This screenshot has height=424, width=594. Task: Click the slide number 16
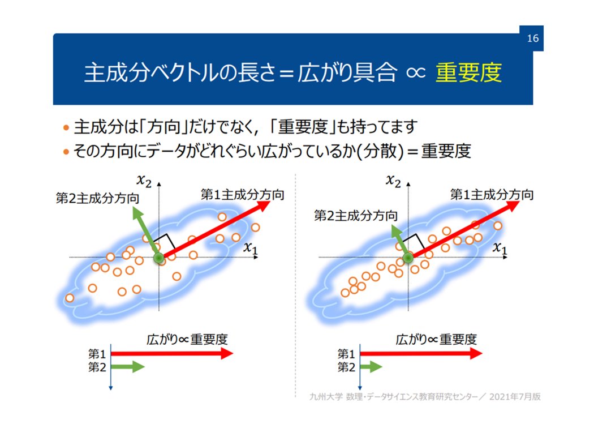click(x=532, y=38)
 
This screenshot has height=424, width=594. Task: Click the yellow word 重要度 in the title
click(x=468, y=74)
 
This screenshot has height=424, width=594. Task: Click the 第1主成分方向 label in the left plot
click(x=242, y=194)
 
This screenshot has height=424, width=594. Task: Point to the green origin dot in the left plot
click(x=158, y=259)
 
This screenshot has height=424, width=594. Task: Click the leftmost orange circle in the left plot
click(x=70, y=298)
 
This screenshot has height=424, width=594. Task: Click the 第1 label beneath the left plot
click(x=97, y=354)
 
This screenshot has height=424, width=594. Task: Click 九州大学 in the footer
click(x=322, y=396)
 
